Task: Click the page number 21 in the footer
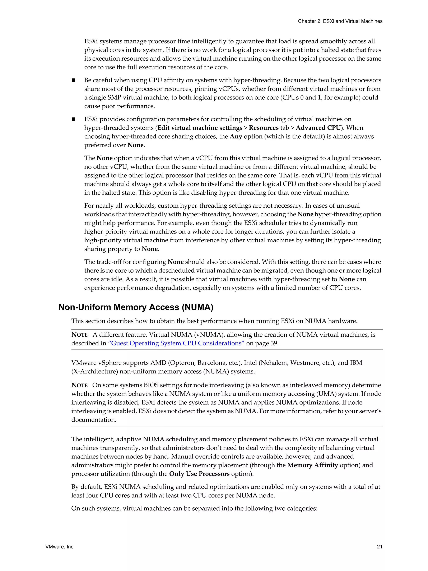point(379,547)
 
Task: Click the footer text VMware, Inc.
point(60,547)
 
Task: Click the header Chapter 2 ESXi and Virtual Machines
point(340,21)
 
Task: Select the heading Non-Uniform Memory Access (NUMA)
point(136,307)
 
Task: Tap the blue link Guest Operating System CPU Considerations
point(176,343)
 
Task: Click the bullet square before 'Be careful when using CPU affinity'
point(74,80)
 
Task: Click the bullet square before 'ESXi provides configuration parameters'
point(74,119)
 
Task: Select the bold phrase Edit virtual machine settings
point(200,128)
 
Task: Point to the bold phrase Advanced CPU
point(318,128)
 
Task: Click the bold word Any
point(236,137)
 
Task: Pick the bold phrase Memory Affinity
point(312,465)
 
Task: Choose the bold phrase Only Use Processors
point(199,474)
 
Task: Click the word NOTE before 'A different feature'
point(79,335)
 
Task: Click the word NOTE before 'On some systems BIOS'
point(79,385)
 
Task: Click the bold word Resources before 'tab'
point(264,128)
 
